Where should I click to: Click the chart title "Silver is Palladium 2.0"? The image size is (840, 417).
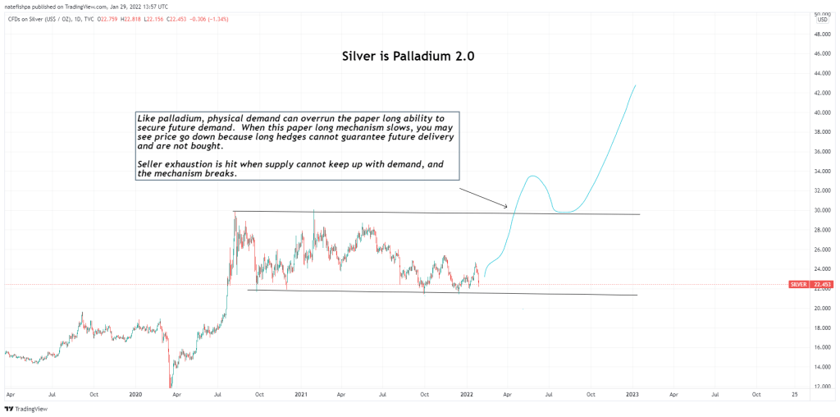[408, 57]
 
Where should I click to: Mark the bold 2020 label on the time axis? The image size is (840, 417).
[135, 395]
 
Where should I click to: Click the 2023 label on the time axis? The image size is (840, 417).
[632, 395]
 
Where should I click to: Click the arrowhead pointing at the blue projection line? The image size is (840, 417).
[507, 206]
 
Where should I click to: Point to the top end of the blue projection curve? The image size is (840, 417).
[636, 85]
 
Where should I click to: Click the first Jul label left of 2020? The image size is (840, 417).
[52, 395]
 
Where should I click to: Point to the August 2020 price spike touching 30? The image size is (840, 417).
[235, 213]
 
